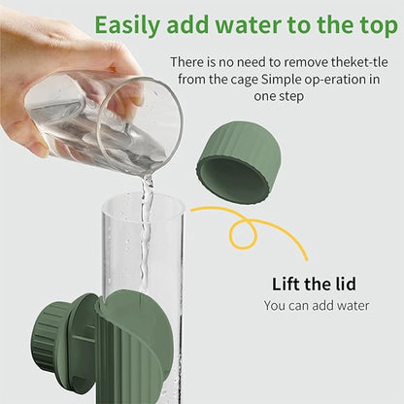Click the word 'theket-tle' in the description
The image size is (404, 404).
tap(358, 61)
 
